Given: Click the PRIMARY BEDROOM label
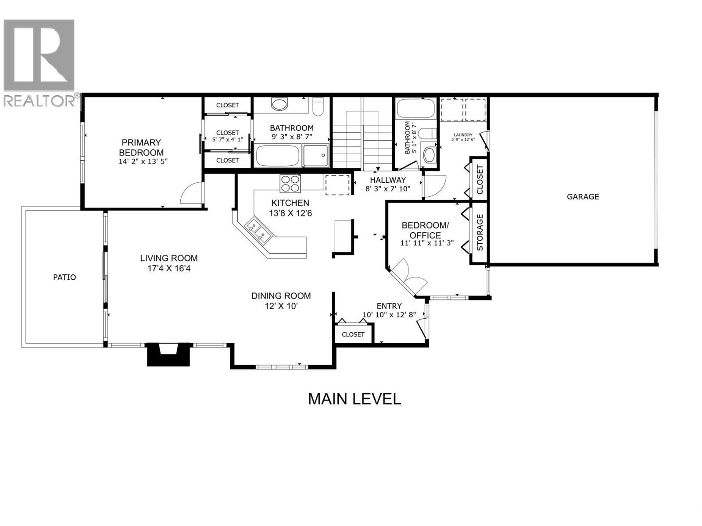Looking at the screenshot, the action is click(x=141, y=147).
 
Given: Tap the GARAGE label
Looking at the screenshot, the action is click(x=583, y=197).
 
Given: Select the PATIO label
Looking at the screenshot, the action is click(x=64, y=277).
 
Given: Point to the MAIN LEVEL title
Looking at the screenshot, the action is click(x=355, y=399).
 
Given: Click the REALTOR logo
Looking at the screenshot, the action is click(x=39, y=62).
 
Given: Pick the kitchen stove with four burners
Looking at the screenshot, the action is click(x=290, y=183).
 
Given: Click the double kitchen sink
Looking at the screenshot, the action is click(x=258, y=230).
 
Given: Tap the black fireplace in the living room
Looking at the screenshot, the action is click(x=168, y=354).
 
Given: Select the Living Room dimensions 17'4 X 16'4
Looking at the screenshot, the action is click(x=169, y=269).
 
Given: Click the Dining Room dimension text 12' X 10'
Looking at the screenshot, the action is click(x=281, y=306).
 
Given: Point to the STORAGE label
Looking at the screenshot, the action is click(x=480, y=232).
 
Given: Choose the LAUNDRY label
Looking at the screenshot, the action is click(x=463, y=135).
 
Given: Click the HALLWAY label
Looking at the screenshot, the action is click(x=388, y=180).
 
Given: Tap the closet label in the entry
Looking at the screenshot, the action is click(x=353, y=334).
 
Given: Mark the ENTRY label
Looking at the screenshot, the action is click(x=389, y=306).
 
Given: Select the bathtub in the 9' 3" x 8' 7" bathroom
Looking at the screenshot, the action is click(x=278, y=156).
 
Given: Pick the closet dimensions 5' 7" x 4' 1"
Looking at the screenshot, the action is click(x=227, y=139).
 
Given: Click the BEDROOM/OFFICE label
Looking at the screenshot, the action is click(x=425, y=230).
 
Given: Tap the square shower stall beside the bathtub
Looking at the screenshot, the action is click(x=315, y=156).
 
